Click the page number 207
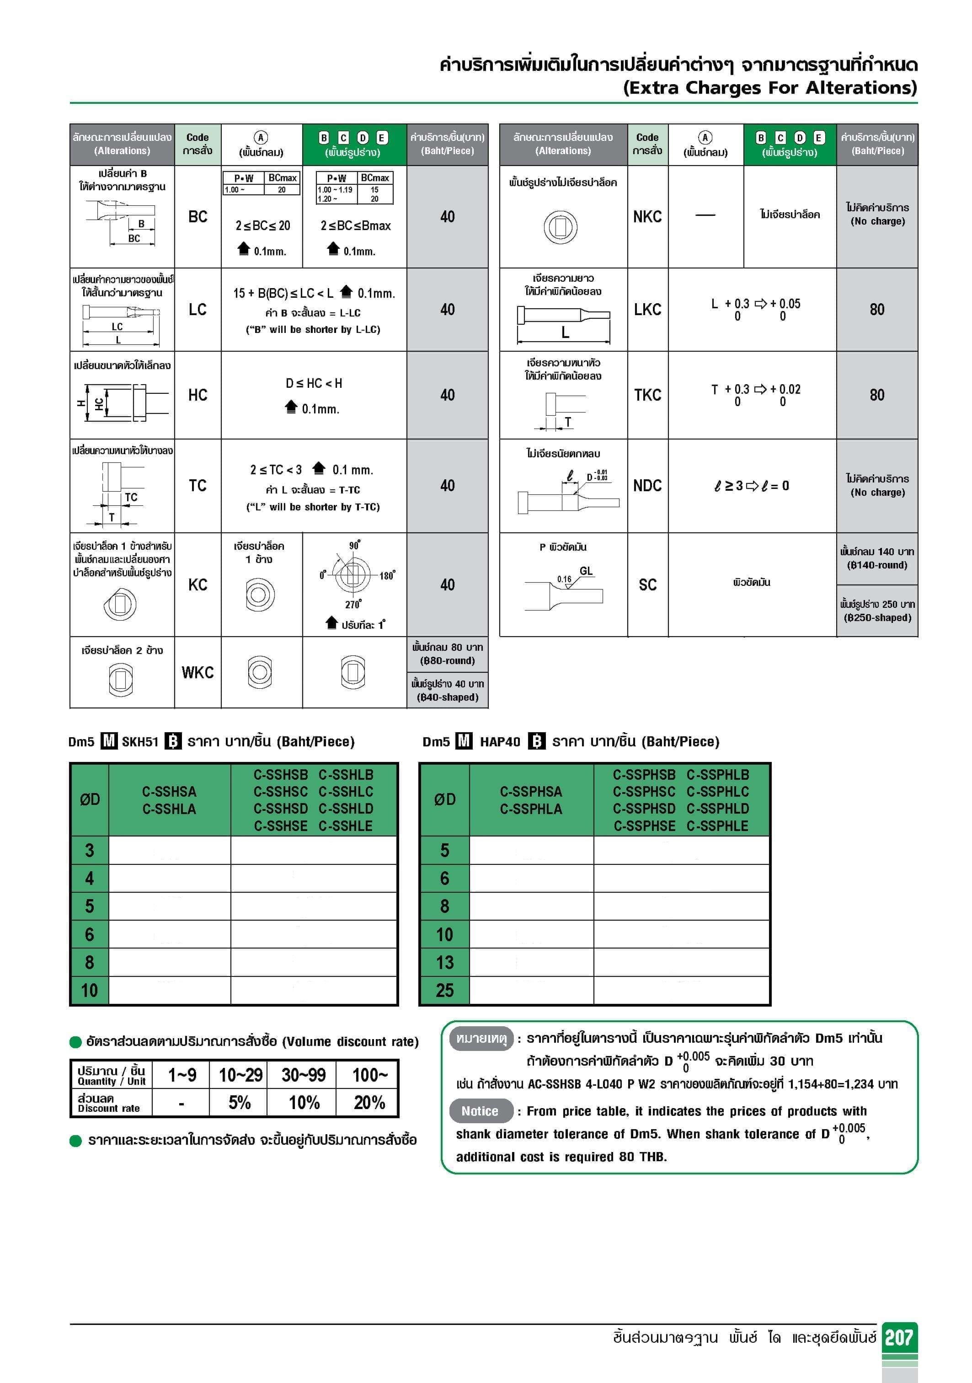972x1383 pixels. coord(898,1338)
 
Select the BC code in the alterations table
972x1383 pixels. coord(198,217)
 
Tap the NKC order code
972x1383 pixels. coord(647,217)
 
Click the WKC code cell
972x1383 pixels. coord(198,672)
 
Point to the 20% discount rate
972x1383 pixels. coord(369,1102)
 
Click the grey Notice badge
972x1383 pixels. coord(480,1111)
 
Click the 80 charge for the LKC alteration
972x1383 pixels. coord(877,310)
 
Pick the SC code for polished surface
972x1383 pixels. coord(647,585)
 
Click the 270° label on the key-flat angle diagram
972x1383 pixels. coord(353,604)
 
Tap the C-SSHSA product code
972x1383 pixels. coord(169,792)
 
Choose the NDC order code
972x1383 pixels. coord(647,486)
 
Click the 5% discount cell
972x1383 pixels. coord(240,1102)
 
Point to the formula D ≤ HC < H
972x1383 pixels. coord(314,383)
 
